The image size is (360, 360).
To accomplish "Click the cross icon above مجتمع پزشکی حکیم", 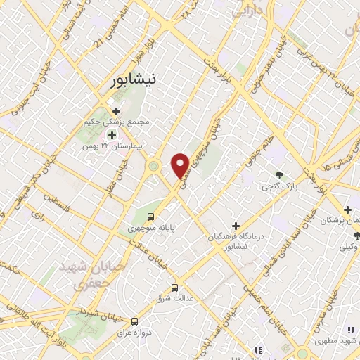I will point(116,110).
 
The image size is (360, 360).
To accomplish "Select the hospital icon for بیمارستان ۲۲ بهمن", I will point(111,134).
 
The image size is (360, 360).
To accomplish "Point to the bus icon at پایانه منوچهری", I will point(150,216).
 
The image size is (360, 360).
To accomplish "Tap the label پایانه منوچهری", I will point(150,229).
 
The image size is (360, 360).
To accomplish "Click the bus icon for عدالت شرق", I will point(175,287).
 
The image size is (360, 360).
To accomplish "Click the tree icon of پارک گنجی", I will point(280,175).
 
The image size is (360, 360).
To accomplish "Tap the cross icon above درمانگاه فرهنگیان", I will point(236,226).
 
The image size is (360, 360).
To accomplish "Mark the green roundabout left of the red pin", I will point(153,167).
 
